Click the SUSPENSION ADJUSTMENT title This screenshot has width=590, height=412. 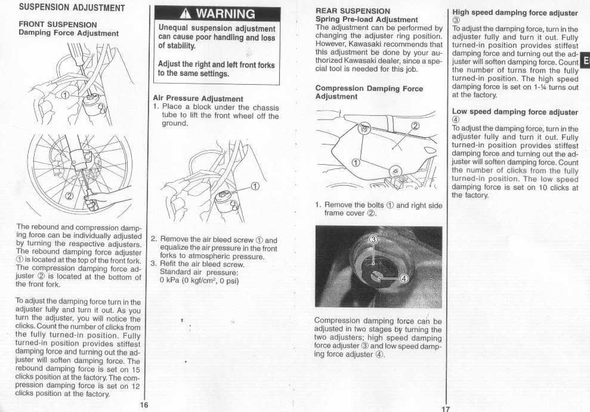pos(71,8)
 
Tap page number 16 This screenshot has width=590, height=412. pos(144,405)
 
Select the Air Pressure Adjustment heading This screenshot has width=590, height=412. pos(198,99)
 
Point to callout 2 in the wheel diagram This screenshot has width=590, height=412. pos(69,196)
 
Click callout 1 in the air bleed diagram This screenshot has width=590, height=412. pos(255,186)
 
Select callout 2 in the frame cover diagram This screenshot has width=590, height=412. pos(415,126)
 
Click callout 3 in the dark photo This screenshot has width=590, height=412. pos(374,240)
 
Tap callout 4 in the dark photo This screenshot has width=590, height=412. pos(402,278)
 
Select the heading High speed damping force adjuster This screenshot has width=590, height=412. pos(515,13)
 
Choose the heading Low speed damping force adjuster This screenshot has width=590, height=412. pos(515,112)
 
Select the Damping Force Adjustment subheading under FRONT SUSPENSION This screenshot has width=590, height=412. pos(69,33)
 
